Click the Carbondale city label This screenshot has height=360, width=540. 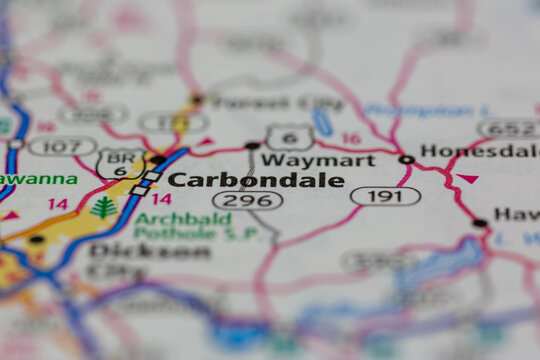coord(255,180)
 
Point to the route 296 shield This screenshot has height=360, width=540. coord(248,200)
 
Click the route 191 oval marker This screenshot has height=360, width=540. coord(385,196)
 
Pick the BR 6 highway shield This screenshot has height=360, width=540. coord(119,163)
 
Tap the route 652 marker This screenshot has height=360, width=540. coord(508,128)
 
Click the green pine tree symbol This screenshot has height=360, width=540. coord(103,208)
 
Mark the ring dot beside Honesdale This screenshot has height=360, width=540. coord(406,159)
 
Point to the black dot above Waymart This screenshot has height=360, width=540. coord(252,145)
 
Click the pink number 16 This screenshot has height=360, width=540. coord(351,139)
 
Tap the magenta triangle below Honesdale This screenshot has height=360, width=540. coord(467,179)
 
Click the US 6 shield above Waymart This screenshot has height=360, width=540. coord(289,136)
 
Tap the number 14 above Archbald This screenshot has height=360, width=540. coord(161,199)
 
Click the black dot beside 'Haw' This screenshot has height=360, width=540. coord(480,222)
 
